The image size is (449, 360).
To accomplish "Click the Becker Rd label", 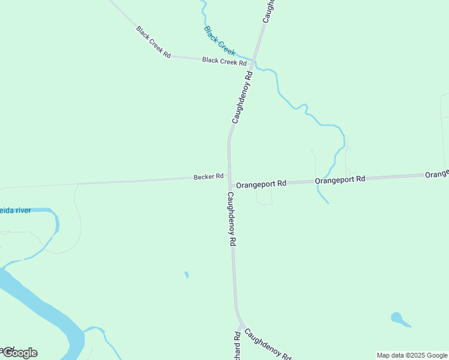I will pos(208,176).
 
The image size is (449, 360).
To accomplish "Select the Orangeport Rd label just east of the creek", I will pos(340,179).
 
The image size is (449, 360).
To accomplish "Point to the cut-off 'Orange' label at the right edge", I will pos(437,174).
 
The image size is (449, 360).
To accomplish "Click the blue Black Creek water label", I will pos(219,40).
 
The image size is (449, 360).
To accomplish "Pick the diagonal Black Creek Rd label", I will pos(153,41).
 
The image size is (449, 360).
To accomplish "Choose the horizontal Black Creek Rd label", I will pos(224,61).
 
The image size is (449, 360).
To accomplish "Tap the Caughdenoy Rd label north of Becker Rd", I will pos(243,97).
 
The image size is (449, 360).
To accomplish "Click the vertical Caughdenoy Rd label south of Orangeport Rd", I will pos(231,219).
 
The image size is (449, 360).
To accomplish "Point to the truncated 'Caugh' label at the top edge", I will pos(268,11).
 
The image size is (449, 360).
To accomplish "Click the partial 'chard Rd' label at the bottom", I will pos(237,346).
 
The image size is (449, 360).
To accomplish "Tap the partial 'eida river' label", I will pos(16,211).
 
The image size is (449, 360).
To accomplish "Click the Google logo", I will pos(19,353).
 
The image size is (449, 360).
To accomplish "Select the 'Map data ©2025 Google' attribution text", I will pos(412,355).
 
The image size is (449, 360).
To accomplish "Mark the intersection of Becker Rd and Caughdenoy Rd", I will pos(229,179).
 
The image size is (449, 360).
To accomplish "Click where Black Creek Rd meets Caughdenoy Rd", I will pos(253,63).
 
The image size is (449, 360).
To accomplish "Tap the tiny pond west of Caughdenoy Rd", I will pos(187,275).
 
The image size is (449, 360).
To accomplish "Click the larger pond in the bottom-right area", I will pos(397,317).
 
